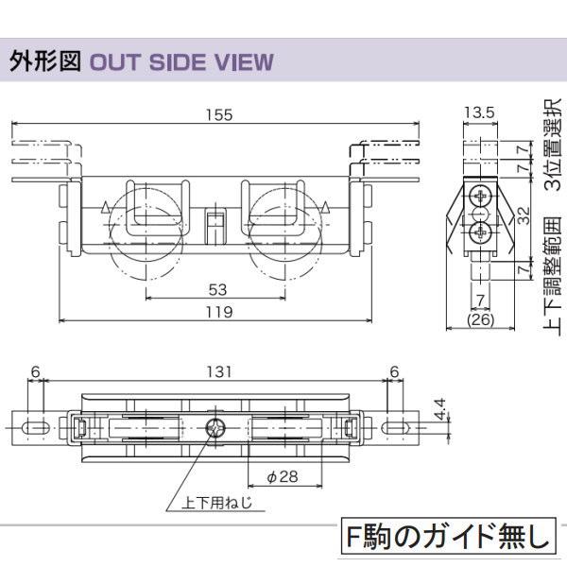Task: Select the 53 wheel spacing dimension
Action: (217, 289)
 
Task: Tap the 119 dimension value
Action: (217, 311)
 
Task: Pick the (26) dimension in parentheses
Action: (481, 321)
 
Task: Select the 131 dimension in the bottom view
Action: (218, 372)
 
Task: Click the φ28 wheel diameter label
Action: (282, 476)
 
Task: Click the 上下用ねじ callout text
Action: (217, 504)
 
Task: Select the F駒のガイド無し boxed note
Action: (446, 538)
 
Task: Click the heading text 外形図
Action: (44, 62)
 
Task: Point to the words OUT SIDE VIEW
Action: (180, 63)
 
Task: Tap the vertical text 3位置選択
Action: (554, 143)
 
